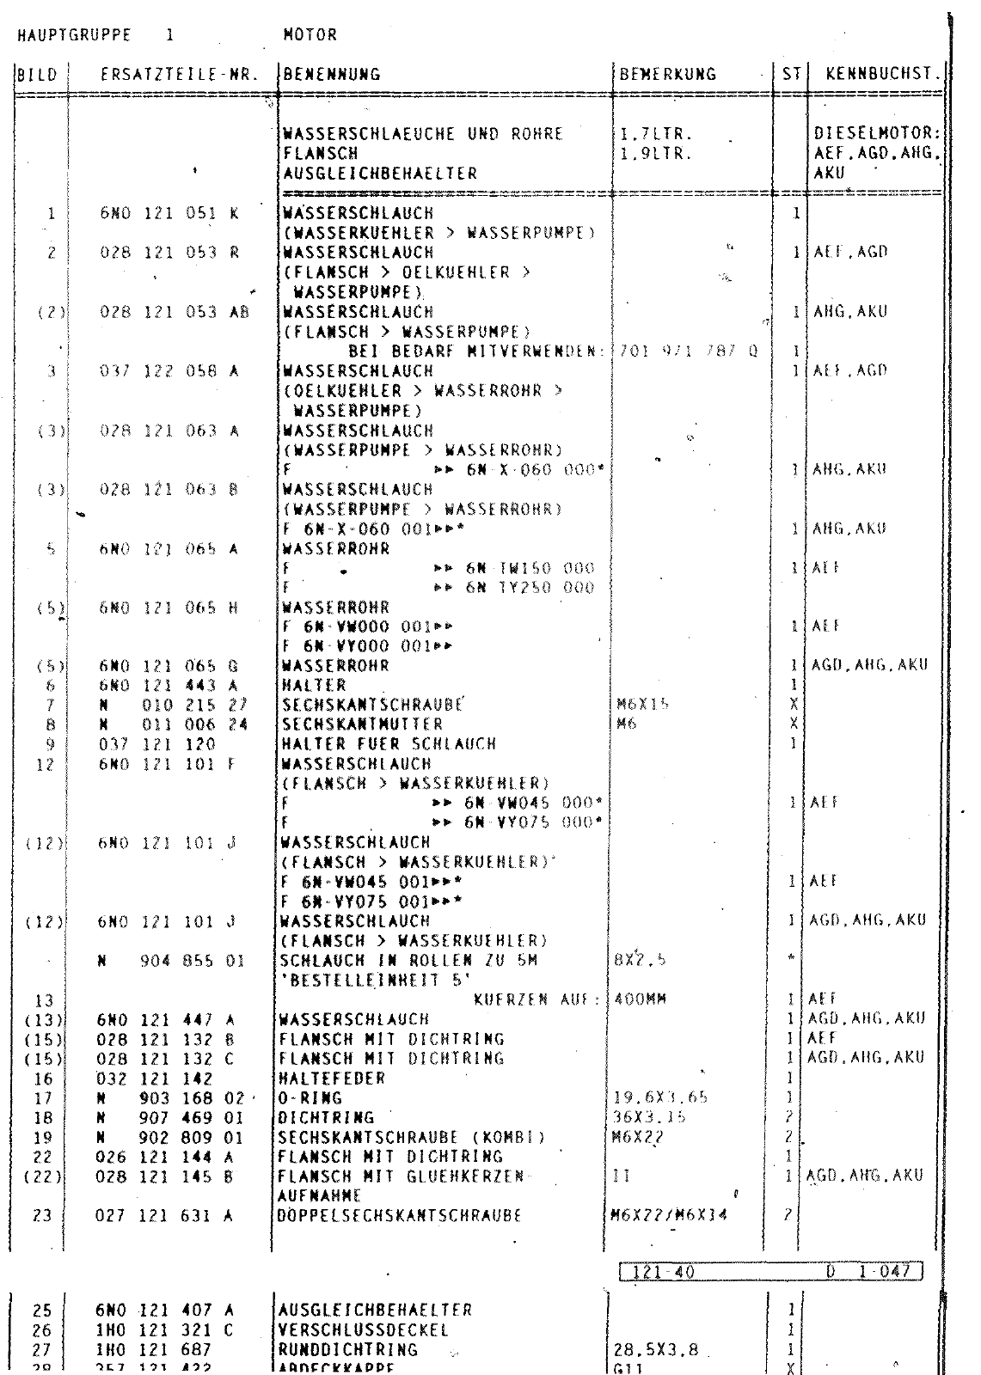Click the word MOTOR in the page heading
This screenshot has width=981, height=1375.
click(310, 35)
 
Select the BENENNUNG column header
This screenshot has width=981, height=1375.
click(332, 75)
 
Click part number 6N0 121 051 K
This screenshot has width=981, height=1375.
click(169, 213)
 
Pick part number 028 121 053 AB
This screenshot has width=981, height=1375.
click(174, 312)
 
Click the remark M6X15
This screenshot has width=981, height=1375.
click(642, 705)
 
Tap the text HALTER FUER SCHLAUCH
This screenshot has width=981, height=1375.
click(389, 744)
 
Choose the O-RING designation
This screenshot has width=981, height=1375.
click(312, 1097)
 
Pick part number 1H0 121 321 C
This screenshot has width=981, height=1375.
click(169, 1330)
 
